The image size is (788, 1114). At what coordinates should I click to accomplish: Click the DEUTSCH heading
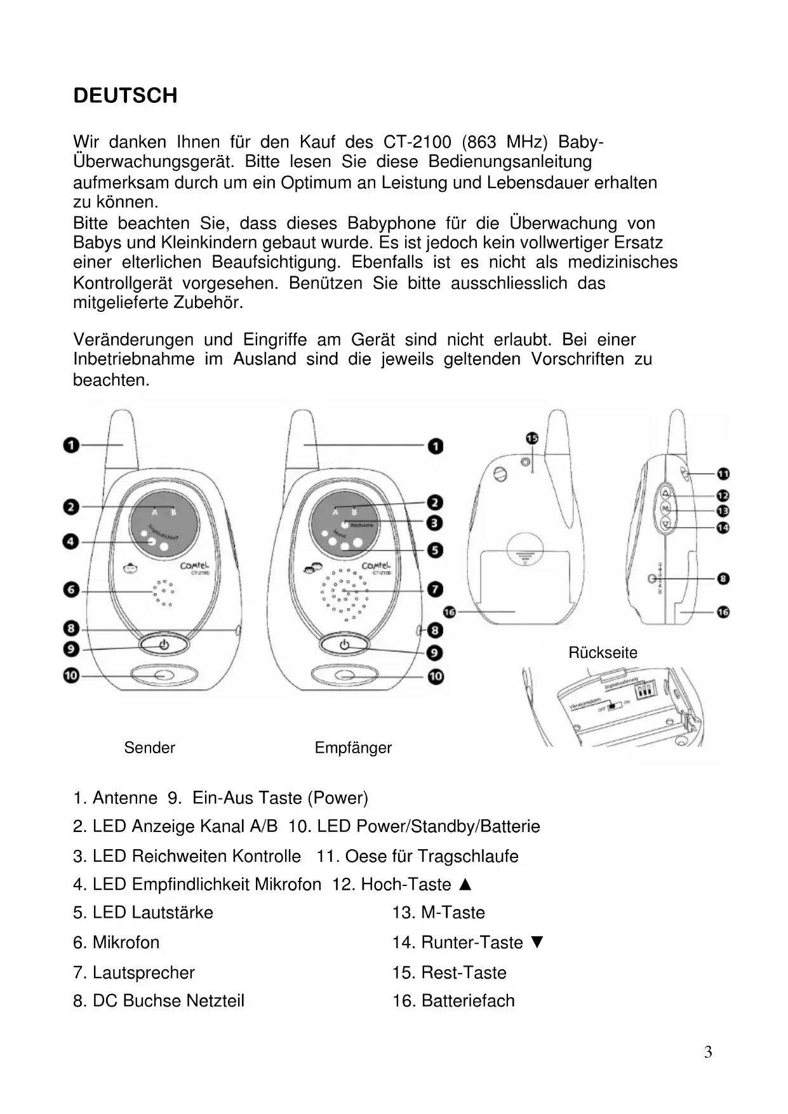click(125, 96)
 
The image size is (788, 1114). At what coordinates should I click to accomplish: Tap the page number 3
click(708, 1052)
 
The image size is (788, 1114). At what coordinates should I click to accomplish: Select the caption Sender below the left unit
click(149, 748)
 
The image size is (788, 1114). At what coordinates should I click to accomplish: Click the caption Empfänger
click(353, 748)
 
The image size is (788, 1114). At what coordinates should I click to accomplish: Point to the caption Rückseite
click(603, 652)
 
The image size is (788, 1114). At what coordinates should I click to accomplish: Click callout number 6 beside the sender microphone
click(71, 590)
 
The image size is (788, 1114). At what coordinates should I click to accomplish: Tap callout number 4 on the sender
click(71, 542)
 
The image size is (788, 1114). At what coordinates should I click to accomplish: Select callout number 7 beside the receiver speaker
click(435, 589)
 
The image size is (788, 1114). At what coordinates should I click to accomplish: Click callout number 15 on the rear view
click(532, 438)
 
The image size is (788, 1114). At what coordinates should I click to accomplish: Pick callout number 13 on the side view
click(723, 511)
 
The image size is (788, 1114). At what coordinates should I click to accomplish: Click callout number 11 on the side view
click(723, 474)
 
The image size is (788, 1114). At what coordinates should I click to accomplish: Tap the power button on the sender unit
click(164, 645)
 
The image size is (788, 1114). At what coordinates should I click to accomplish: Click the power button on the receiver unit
click(344, 645)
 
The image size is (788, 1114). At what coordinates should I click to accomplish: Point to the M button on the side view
click(665, 509)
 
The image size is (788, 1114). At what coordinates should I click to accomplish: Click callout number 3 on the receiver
click(435, 523)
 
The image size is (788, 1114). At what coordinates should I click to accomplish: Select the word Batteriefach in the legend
click(468, 1001)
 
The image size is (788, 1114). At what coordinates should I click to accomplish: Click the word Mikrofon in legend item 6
click(126, 943)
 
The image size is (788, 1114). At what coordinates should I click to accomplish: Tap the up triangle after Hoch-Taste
click(465, 884)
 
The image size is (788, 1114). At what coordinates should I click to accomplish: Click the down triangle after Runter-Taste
click(537, 943)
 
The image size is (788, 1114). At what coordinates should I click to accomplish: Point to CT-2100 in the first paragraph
click(417, 142)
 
